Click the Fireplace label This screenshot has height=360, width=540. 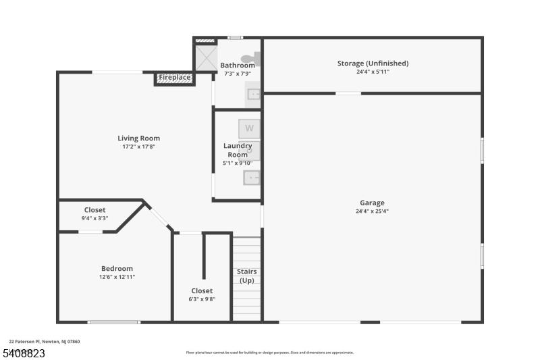pos(174,78)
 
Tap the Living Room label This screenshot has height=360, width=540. pos(138,138)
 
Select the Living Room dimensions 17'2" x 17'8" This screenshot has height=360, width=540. pos(138,147)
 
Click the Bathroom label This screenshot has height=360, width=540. pos(238,66)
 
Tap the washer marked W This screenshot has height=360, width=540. pos(249,128)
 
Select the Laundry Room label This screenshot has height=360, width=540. pos(238,150)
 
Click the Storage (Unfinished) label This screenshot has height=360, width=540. pos(373,63)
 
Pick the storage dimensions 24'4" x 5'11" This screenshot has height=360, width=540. pos(373,72)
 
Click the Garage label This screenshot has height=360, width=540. pos(372,203)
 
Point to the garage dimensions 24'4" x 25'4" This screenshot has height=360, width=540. pos(372,211)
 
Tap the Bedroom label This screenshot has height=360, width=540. pos(117,268)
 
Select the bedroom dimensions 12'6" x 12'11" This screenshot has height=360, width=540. pos(117,277)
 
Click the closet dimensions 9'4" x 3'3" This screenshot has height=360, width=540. pos(94,218)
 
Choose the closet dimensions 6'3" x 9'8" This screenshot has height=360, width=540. pos(202,299)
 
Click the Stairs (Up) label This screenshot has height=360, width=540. pos(246,276)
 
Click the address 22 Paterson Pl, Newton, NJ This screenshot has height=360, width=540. pos(44,342)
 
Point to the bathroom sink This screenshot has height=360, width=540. pos(253,94)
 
